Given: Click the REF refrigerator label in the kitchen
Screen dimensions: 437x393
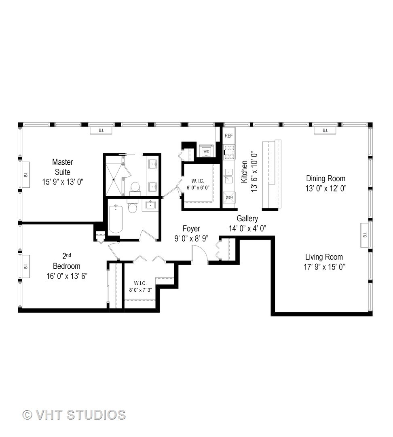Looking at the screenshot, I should (229, 136).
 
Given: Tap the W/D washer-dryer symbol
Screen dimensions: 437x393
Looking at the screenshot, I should (206, 151).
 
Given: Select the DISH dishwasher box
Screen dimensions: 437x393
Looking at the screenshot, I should (229, 197).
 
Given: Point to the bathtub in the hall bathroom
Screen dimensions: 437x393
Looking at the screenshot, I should (116, 218).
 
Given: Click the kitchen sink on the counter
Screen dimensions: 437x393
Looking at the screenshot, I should (229, 176).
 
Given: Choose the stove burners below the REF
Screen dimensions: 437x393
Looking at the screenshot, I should (229, 153).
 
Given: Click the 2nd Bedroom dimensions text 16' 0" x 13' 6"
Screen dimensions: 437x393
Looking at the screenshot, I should (67, 276).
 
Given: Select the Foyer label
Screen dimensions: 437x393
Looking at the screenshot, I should (191, 229).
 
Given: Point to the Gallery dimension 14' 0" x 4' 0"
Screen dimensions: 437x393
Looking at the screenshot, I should (247, 228).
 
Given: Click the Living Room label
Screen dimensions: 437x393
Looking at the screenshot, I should (324, 257).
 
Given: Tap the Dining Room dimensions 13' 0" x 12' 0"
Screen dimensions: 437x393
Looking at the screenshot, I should (326, 188).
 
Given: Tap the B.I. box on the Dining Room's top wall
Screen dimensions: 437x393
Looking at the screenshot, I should (325, 130).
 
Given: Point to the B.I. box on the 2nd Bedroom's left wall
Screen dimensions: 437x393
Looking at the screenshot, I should (25, 266).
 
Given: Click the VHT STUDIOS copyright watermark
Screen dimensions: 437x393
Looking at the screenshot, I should (74, 415).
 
